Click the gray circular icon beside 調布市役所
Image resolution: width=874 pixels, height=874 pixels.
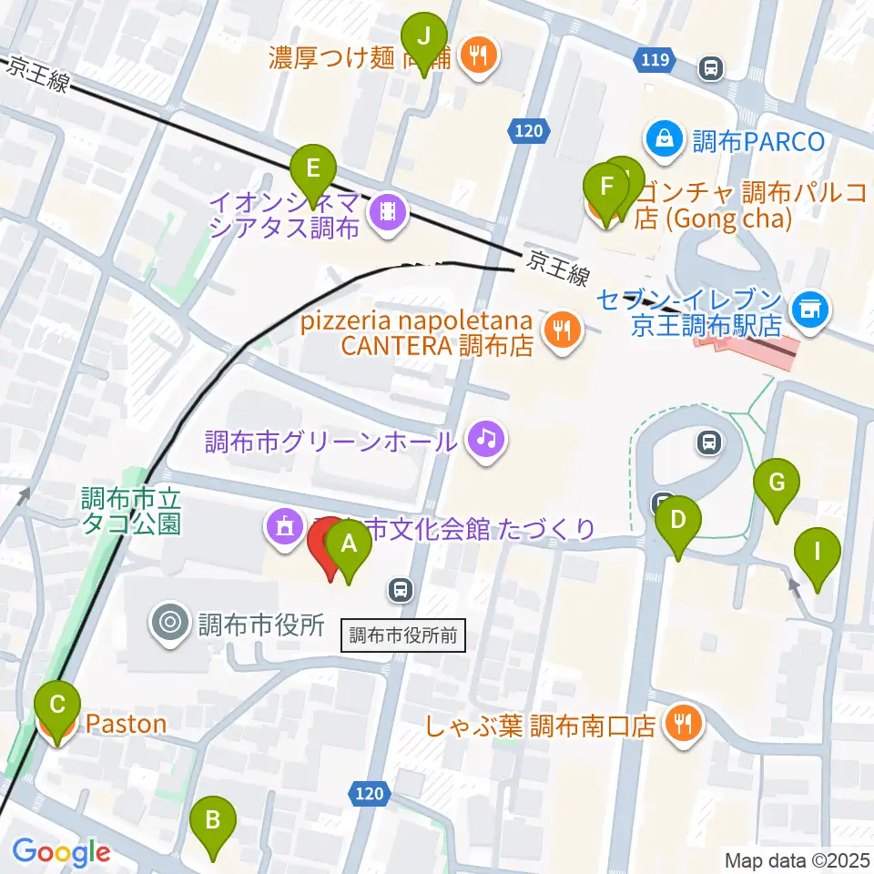click(x=170, y=624)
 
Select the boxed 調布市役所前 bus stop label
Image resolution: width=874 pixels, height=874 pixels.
click(x=403, y=635)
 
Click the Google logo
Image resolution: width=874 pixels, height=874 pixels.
click(x=61, y=852)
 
